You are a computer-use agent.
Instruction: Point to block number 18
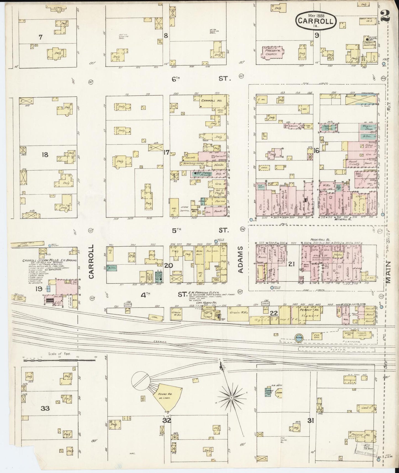(45, 155)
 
